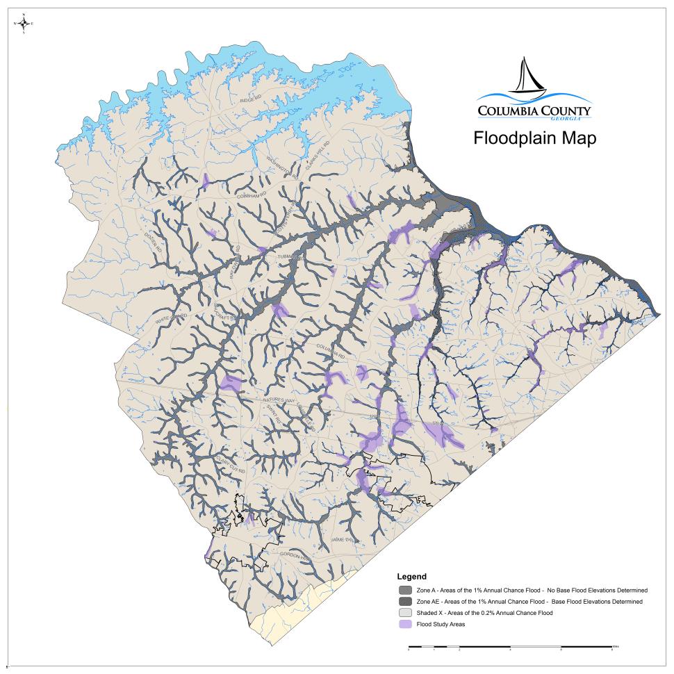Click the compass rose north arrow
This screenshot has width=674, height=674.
(x=24, y=23)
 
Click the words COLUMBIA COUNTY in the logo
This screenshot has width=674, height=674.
(x=534, y=110)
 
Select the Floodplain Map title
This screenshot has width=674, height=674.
(x=534, y=138)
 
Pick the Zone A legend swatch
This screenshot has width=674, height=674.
(x=404, y=590)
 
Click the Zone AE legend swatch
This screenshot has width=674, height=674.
(x=404, y=602)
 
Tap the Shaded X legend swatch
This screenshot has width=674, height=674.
(x=404, y=613)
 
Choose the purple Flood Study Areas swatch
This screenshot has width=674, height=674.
(x=404, y=624)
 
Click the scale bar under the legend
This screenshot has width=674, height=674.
(x=511, y=648)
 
